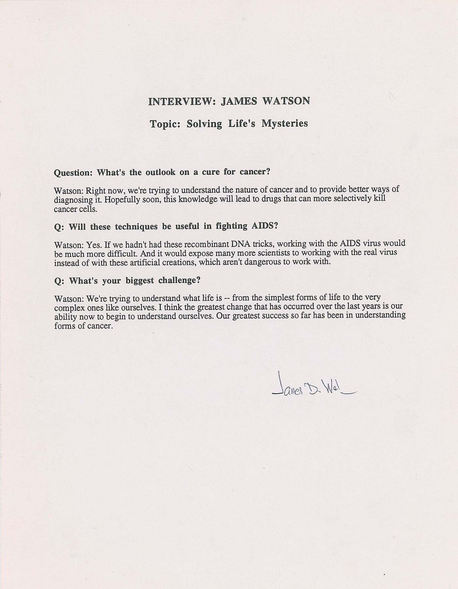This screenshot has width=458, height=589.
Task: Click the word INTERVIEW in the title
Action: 181,101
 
